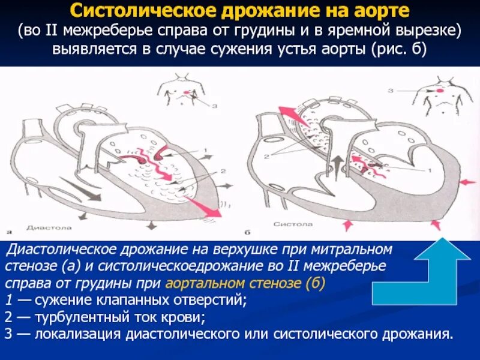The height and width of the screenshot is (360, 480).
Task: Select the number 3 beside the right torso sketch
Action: point(390,91)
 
